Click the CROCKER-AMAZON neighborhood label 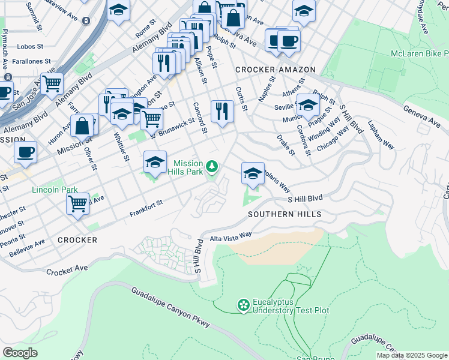pos(275,70)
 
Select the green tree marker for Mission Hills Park pos(211,166)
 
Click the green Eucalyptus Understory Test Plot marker pos(243,305)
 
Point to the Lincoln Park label pos(51,190)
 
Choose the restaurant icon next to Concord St pos(222,111)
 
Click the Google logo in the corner pos(20,353)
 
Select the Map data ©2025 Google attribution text pos(411,355)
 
